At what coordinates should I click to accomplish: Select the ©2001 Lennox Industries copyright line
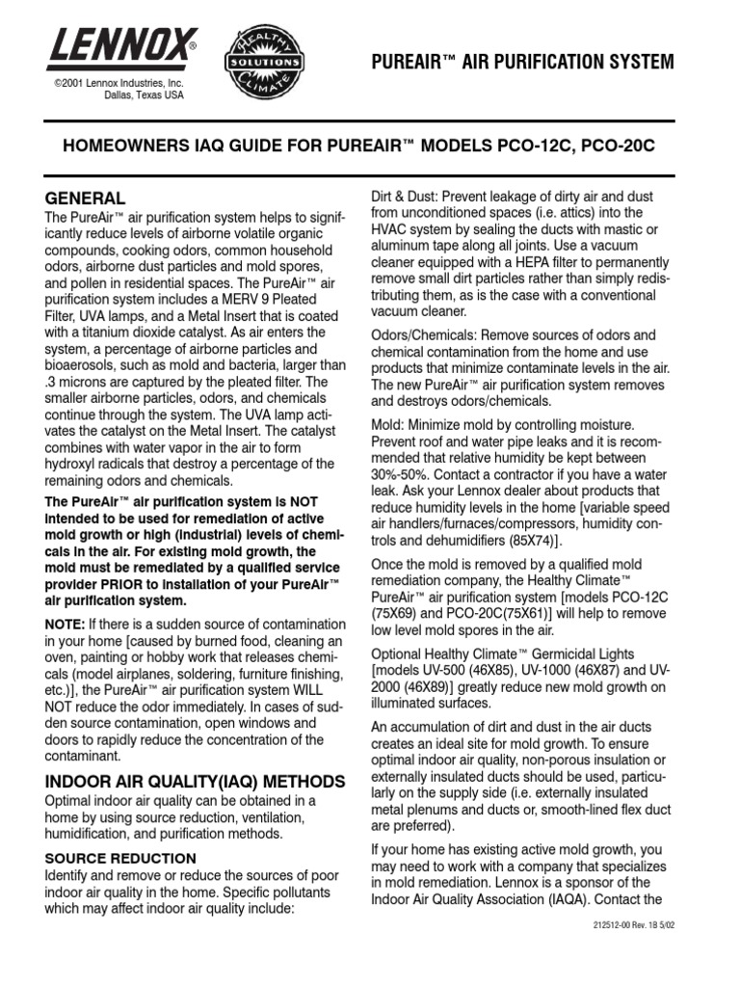click(x=118, y=85)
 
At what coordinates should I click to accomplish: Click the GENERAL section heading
click(x=85, y=198)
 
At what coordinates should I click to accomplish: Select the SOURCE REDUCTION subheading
click(x=120, y=858)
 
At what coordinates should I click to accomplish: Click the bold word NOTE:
click(x=66, y=625)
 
